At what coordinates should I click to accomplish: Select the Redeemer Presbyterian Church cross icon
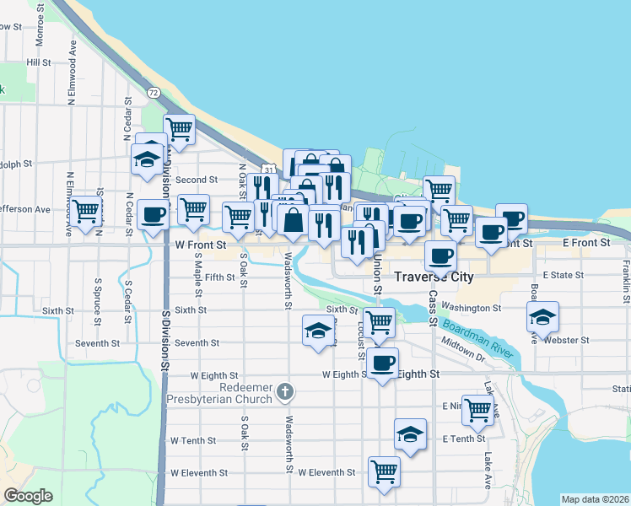click(286, 391)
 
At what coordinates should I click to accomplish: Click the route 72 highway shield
click(153, 92)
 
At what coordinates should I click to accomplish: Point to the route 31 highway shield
click(267, 170)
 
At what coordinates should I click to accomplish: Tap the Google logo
click(28, 496)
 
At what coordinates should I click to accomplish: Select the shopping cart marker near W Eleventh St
click(384, 470)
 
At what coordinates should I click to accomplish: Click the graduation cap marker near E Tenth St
click(410, 433)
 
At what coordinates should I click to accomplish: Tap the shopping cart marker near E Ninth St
click(478, 410)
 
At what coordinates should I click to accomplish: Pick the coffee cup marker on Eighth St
click(382, 363)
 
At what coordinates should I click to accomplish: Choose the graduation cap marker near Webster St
click(542, 316)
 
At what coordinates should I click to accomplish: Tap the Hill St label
click(39, 62)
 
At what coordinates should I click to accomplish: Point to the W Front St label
click(201, 244)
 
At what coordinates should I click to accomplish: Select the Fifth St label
click(219, 277)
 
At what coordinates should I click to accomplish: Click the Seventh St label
click(197, 343)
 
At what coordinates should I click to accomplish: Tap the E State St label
click(564, 275)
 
